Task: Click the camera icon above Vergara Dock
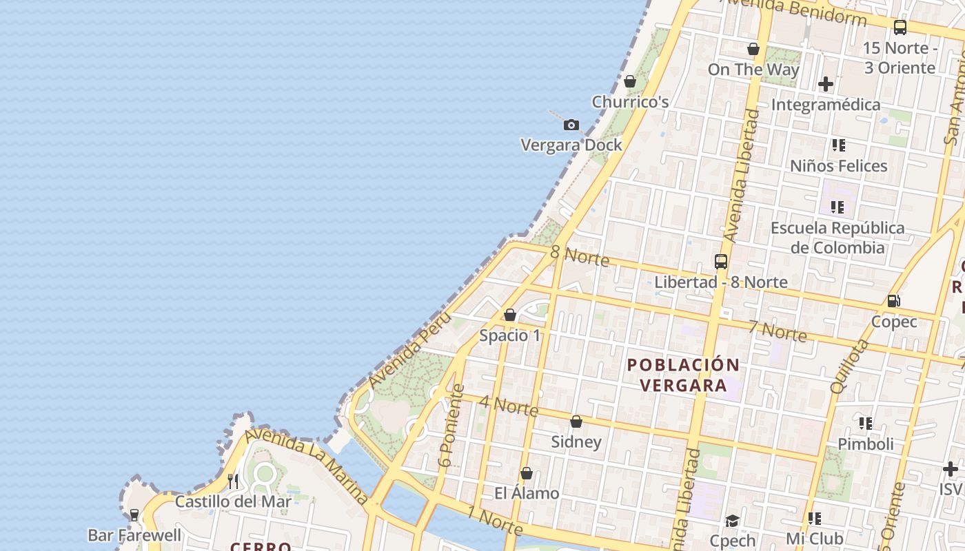[x=571, y=125]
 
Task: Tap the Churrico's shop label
[x=630, y=102]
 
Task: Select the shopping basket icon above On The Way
[x=753, y=49]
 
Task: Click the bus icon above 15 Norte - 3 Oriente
[x=900, y=28]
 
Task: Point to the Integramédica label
[x=825, y=105]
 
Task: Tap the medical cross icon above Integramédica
[x=825, y=84]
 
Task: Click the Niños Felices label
[x=838, y=166]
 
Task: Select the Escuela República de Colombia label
[x=837, y=238]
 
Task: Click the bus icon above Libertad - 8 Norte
[x=721, y=262]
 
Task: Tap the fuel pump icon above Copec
[x=893, y=301]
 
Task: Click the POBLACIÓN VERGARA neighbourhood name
[x=683, y=375]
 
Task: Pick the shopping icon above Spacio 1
[x=510, y=315]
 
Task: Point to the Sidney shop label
[x=576, y=441]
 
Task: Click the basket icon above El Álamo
[x=527, y=473]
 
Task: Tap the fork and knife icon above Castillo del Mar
[x=233, y=481]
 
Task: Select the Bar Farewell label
[x=134, y=535]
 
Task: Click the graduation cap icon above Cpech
[x=732, y=521]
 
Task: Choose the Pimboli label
[x=865, y=444]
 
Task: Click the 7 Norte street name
[x=778, y=331]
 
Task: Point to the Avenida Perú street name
[x=409, y=349]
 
